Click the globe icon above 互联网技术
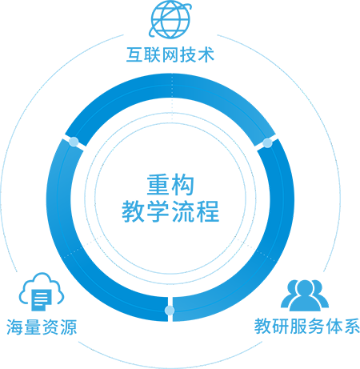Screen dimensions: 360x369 click(170, 19)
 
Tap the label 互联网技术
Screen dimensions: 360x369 click(170, 55)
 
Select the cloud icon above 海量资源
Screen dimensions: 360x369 click(42, 291)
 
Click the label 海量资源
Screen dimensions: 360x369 click(42, 327)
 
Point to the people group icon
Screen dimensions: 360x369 click(305, 295)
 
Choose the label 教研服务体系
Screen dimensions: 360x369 click(307, 326)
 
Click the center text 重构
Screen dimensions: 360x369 click(170, 185)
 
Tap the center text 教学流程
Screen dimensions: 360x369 click(170, 211)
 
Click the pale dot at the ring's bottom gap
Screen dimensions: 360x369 click(170, 311)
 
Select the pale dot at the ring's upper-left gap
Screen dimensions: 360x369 click(74, 142)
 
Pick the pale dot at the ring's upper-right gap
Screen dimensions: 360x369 click(267, 143)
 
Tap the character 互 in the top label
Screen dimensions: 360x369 click(135, 55)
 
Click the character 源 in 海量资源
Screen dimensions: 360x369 click(69, 327)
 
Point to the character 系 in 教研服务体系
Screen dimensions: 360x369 click(351, 326)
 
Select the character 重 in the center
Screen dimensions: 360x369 click(158, 185)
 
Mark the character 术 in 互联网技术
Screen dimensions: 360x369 click(206, 55)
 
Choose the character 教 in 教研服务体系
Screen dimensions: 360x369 click(262, 326)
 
